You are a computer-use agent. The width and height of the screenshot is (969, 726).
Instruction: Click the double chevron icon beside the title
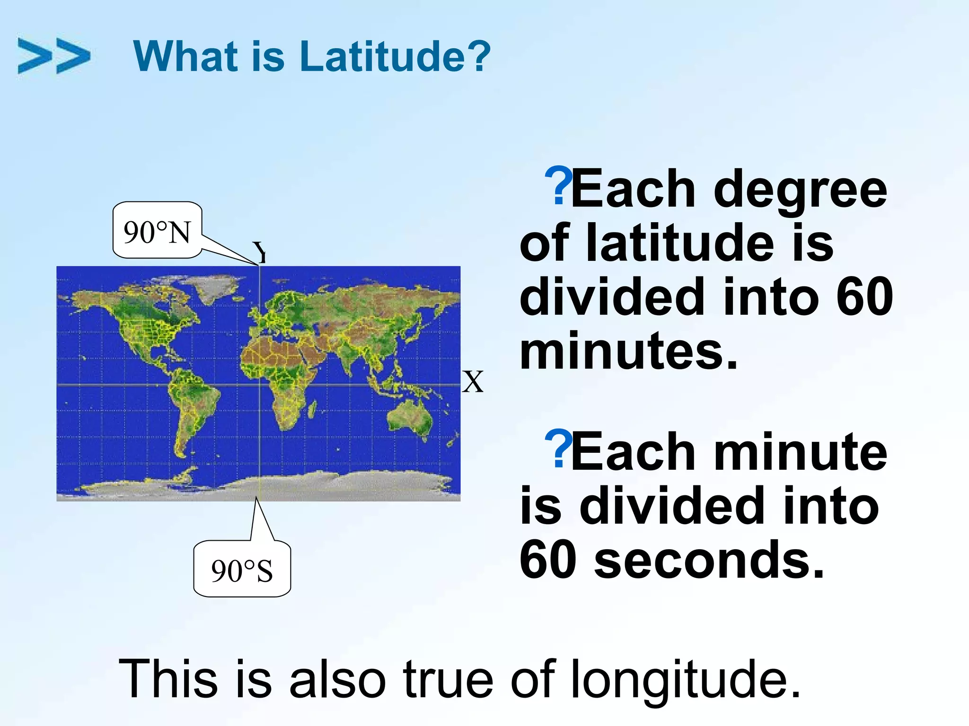(x=53, y=56)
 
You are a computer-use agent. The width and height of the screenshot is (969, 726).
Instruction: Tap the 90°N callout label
(x=157, y=231)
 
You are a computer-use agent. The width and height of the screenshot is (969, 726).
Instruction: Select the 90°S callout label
(x=242, y=570)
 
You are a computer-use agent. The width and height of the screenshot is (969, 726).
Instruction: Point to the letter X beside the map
(x=473, y=382)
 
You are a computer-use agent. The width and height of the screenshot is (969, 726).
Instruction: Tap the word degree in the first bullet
(x=800, y=190)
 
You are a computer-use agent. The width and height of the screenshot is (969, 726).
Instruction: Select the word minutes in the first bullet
(x=628, y=352)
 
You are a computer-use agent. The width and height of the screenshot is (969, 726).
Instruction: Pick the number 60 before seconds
(x=548, y=561)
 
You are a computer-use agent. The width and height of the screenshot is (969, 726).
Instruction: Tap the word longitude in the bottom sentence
(x=685, y=679)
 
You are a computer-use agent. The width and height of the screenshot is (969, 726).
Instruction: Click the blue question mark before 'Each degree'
(x=558, y=185)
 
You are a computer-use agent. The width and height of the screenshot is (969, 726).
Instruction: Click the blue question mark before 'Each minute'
(x=558, y=449)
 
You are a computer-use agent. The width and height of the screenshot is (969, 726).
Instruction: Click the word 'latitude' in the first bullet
(x=679, y=243)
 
